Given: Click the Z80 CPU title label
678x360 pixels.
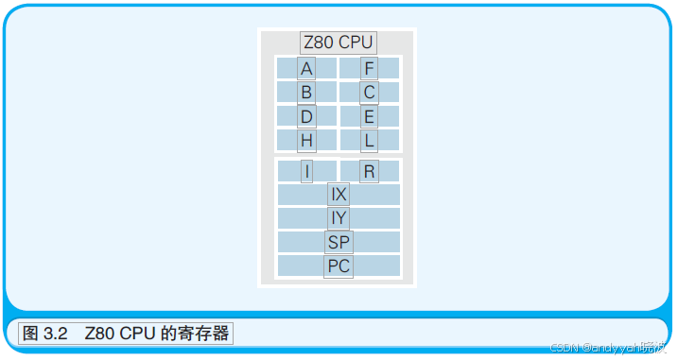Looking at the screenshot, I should pos(339,43).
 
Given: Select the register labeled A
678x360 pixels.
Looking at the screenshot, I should pos(306,68).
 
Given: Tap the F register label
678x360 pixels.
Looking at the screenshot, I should pos(369,68).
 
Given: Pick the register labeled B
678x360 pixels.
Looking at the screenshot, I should pos(306,93).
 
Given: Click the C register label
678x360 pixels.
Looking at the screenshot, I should pos(369,93).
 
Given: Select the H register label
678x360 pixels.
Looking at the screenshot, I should pos(306,141).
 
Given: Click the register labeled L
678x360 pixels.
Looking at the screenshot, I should pos(369,141).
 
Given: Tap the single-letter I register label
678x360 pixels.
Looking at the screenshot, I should pos(306,172).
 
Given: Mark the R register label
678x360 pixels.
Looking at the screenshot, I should pos(369,172).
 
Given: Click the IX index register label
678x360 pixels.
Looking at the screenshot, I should pos(339,195).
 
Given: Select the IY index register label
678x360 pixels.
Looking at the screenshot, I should pos(339,218).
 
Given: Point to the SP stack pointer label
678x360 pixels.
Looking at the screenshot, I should pos(339,242).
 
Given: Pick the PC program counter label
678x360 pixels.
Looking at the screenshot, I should pos(339,266).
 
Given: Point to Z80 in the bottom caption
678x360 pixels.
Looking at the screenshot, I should pos(98,334).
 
